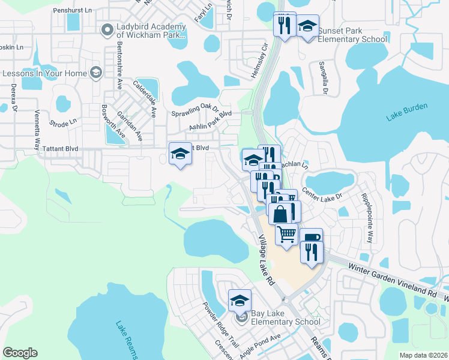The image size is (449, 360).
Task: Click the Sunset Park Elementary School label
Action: coord(352,35)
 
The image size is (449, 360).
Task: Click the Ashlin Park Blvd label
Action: coord(210,120)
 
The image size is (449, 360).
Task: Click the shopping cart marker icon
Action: coord(287,232)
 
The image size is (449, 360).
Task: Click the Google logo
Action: coord(20,353)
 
